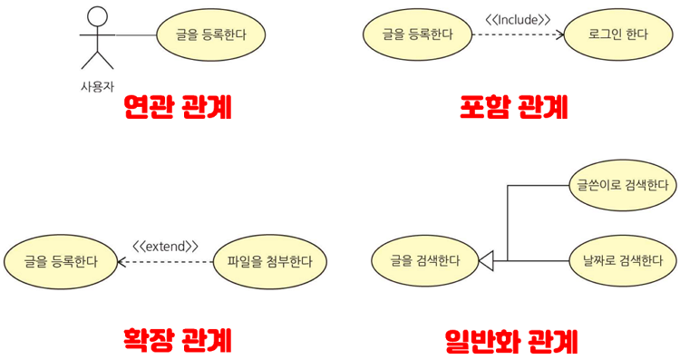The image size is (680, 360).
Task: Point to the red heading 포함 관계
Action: point(513,109)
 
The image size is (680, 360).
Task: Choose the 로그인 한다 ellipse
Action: point(618,35)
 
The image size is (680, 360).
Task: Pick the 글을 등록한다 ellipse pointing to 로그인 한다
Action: point(418,35)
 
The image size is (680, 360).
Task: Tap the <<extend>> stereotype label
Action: point(165,246)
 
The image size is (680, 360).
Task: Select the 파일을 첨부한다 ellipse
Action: point(269,262)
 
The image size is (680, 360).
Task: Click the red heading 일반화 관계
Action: point(511,341)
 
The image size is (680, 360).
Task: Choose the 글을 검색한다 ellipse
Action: point(425,261)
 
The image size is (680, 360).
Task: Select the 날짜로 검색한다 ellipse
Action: point(622,261)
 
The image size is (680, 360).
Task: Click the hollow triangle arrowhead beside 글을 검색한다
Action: point(486,261)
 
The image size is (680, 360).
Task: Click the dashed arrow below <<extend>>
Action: point(166,262)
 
